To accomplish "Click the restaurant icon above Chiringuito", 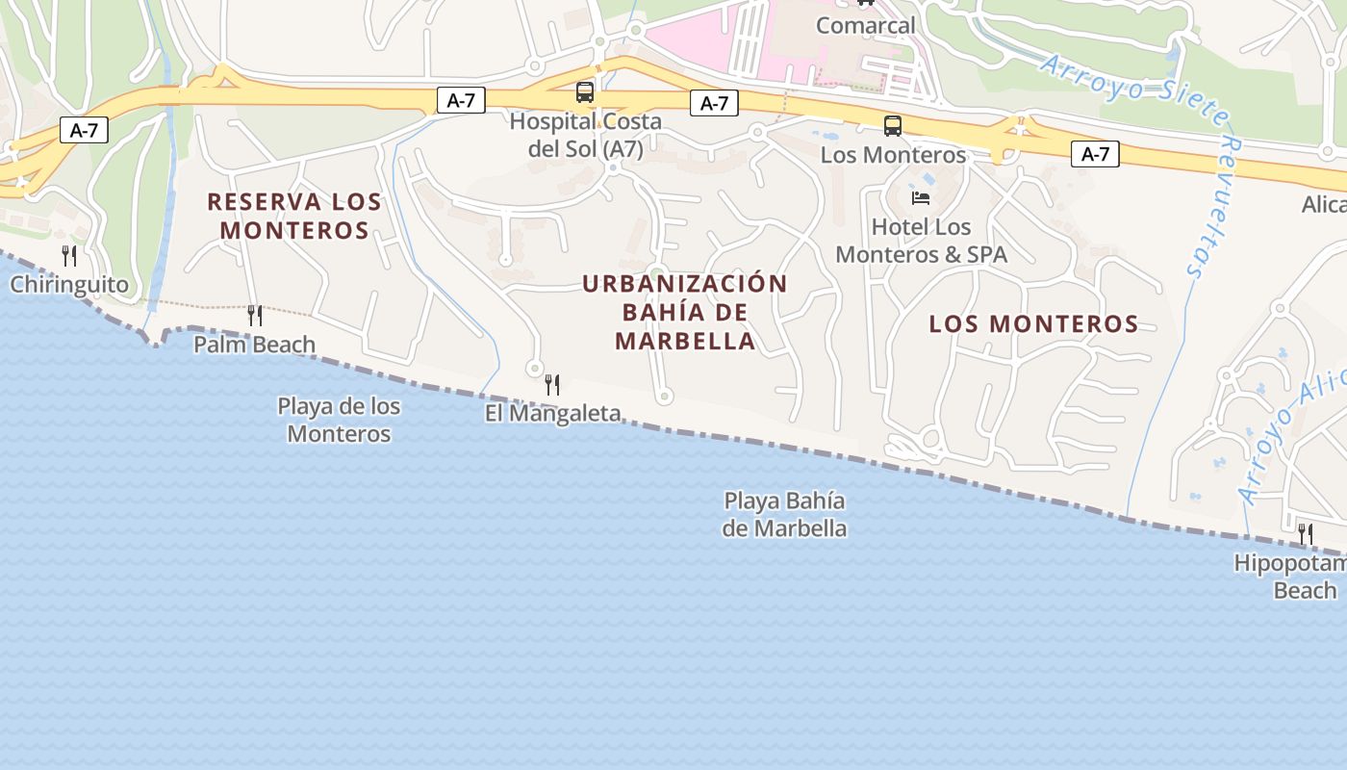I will [69, 256].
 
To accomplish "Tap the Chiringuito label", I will [69, 285].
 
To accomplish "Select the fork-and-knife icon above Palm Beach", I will [255, 315].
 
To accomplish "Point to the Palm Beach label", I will [254, 345].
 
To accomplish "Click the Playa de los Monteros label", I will [339, 420].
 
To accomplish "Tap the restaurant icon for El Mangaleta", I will [552, 385].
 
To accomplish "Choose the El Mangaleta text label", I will [552, 414].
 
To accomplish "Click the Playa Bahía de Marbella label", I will [785, 514].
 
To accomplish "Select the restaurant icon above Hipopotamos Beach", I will [1306, 533].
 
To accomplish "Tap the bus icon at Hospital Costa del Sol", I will [585, 92].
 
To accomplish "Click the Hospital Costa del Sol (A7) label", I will [585, 135].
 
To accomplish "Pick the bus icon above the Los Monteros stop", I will [893, 126].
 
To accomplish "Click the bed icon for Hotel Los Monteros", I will [921, 198].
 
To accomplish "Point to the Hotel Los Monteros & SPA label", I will [921, 241].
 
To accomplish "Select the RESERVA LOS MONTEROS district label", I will [294, 217].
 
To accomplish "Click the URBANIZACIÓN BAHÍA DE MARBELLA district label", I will [685, 312].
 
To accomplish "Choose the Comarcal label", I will [865, 26].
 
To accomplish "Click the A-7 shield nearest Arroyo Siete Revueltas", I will [1095, 154].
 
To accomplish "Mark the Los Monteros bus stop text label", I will [893, 155].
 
